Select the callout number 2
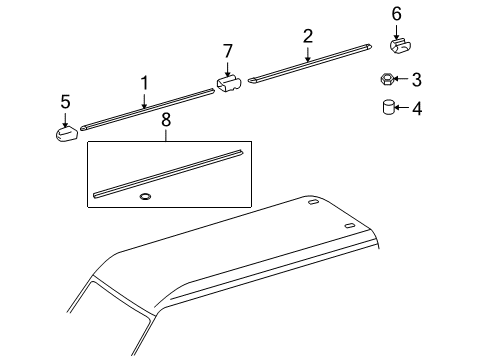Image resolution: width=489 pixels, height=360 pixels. pyautogui.click(x=308, y=36)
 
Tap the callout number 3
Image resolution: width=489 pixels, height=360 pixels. pyautogui.click(x=417, y=79)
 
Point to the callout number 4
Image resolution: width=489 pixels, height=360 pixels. pyautogui.click(x=417, y=108)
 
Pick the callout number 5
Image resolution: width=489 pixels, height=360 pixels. pyautogui.click(x=65, y=101)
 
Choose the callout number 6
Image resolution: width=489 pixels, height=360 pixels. pyautogui.click(x=396, y=13)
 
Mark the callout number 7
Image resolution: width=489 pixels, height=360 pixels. pyautogui.click(x=227, y=50)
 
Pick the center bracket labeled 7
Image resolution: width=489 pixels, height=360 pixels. pyautogui.click(x=229, y=83)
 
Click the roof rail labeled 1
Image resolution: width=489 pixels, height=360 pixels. pyautogui.click(x=150, y=107)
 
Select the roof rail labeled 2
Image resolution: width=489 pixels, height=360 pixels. pyautogui.click(x=310, y=66)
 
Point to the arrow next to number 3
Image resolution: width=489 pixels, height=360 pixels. pyautogui.click(x=403, y=79)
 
